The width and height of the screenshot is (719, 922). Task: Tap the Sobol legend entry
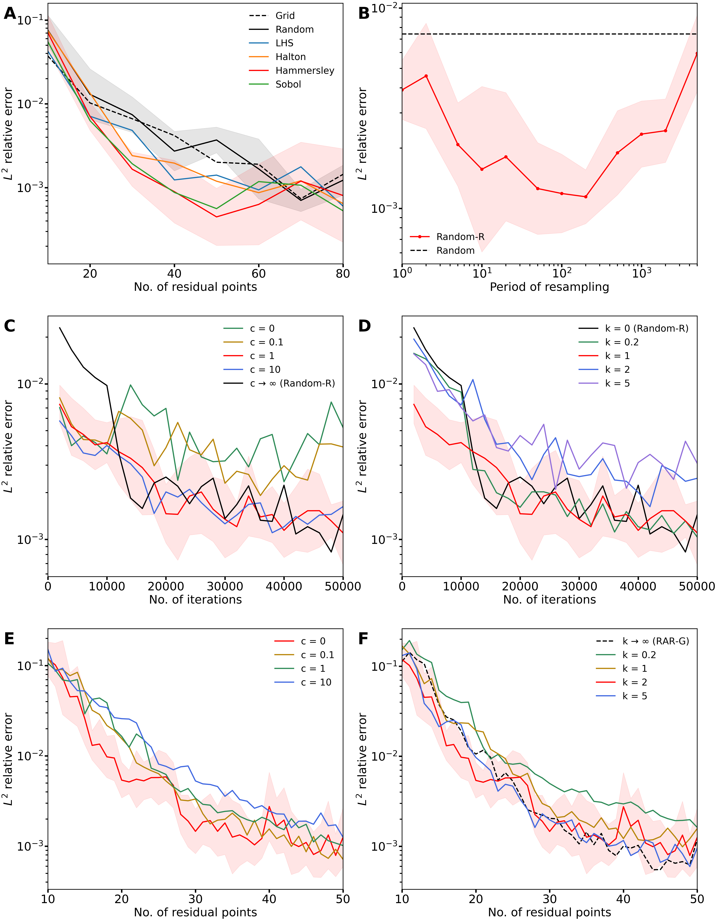[288, 84]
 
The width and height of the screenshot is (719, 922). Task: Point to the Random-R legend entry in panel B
[460, 237]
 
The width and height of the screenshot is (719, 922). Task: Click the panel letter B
[364, 14]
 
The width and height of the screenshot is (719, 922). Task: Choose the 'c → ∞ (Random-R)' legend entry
[292, 383]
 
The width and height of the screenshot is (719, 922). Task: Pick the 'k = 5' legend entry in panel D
[617, 383]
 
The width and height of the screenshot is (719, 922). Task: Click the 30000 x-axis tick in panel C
[225, 586]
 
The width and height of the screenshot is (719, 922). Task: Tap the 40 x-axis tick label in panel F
[623, 899]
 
